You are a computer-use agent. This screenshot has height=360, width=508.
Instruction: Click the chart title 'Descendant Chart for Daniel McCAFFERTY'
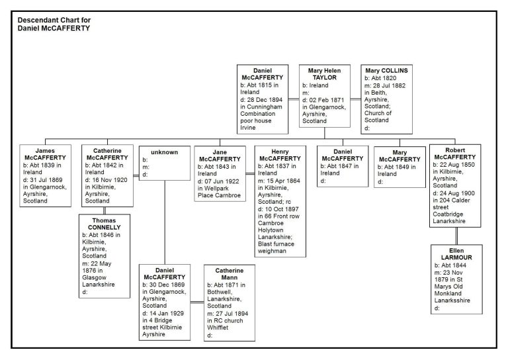click(54, 24)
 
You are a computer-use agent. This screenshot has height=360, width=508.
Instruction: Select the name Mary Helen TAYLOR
click(324, 74)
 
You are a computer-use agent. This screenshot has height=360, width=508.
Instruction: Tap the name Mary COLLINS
click(386, 70)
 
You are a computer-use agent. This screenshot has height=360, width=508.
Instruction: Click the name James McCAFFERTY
click(45, 154)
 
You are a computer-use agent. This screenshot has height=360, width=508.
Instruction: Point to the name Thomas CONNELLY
click(104, 224)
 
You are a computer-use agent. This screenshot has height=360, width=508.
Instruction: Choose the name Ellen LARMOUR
click(456, 254)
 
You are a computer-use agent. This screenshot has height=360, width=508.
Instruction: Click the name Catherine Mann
click(230, 274)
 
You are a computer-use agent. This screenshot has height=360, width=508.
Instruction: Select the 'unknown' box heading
click(164, 152)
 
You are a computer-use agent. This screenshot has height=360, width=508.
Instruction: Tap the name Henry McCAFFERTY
click(280, 155)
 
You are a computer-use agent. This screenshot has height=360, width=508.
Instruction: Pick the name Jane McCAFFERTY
click(220, 156)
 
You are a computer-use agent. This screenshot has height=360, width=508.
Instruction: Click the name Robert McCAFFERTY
click(455, 154)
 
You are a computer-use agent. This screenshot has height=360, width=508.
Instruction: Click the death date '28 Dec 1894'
click(265, 100)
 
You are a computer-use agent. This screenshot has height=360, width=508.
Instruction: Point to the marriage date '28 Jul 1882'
click(389, 85)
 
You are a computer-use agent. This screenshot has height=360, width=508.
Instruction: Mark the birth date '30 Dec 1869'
click(167, 285)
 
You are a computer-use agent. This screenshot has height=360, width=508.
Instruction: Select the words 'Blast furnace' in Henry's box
click(276, 244)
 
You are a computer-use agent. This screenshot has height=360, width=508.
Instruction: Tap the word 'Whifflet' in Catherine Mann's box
click(218, 328)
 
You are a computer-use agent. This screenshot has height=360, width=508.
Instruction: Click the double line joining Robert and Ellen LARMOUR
click(456, 236)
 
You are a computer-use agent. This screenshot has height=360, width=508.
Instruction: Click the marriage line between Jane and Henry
click(250, 174)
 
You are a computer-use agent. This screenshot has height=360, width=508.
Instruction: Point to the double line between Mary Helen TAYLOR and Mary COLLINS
click(356, 99)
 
